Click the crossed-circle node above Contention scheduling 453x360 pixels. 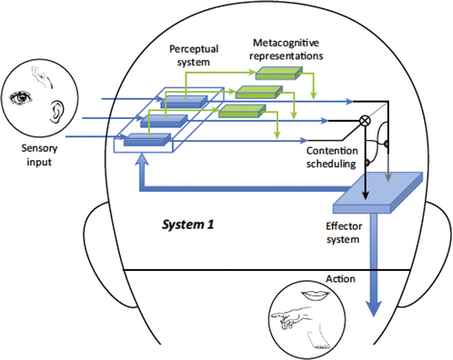pos(366,120)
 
